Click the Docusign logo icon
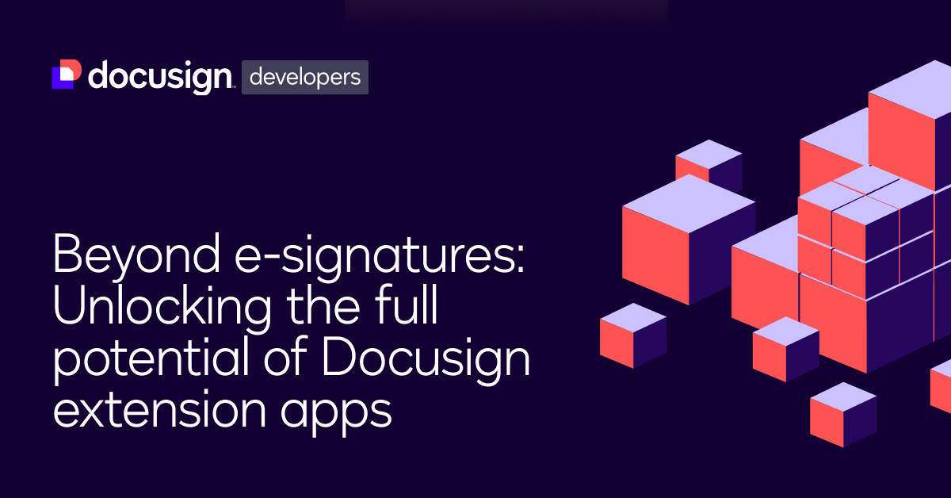[66, 75]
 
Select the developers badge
[304, 78]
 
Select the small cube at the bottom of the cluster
[843, 415]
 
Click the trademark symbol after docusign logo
[232, 86]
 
